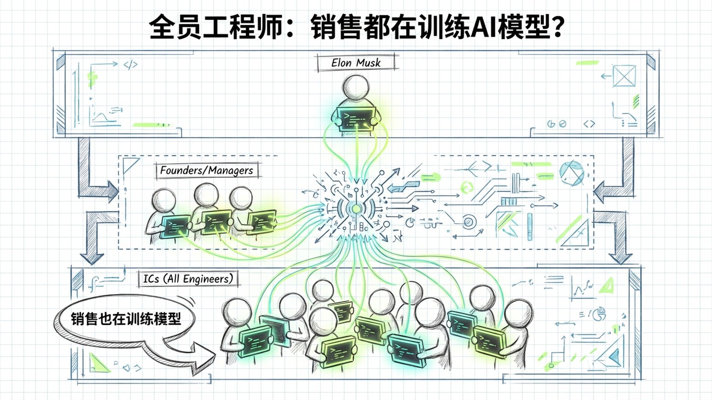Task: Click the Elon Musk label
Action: [x=356, y=63]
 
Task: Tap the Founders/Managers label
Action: [x=207, y=170]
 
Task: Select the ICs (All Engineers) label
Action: [x=188, y=279]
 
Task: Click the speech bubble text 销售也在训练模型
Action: [x=126, y=319]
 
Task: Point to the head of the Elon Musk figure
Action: [x=356, y=87]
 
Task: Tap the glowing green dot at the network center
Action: [x=356, y=209]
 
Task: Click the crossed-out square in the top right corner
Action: [x=624, y=76]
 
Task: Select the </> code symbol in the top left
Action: [x=130, y=65]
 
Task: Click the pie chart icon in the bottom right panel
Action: [x=599, y=314]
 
